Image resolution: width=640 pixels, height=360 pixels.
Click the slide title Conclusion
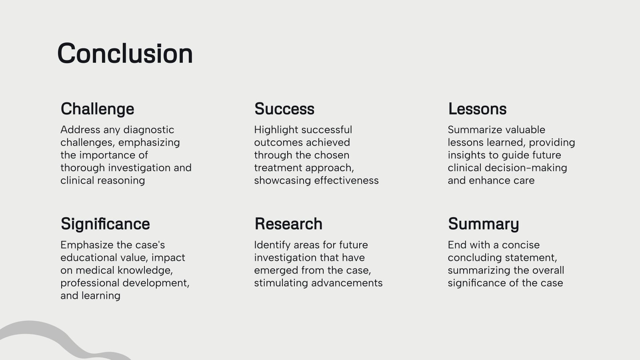coord(125,54)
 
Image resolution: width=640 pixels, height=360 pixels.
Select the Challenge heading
coord(97,109)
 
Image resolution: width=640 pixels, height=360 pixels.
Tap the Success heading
coord(284,109)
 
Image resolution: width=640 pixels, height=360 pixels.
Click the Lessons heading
coord(477,109)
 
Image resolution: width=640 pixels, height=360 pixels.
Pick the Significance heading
coord(105,224)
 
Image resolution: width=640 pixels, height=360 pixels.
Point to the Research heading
coord(288,224)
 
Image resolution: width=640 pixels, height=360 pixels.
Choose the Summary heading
coord(483,224)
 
